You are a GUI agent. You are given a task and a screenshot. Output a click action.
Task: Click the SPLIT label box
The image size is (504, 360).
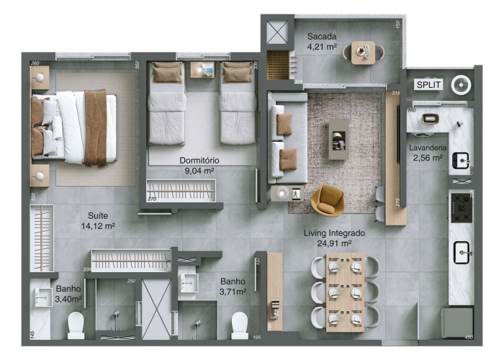pos(428,84)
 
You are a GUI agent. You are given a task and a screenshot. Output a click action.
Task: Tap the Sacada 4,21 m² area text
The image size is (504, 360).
pos(323,42)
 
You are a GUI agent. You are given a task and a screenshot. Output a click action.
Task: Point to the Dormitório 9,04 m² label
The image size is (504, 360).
pos(199,165)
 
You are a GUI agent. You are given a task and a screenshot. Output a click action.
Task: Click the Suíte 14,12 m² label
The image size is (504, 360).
pos(98,220)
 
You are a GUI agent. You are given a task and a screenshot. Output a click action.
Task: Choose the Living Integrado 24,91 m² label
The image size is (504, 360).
pos(334,238)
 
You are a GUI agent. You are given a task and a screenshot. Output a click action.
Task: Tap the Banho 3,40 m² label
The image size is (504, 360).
pos(68,294)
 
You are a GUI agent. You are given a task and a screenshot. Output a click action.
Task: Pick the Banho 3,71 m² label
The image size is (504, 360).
pos(233,287)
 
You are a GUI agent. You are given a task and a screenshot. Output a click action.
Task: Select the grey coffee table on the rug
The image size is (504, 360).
pos(338,138)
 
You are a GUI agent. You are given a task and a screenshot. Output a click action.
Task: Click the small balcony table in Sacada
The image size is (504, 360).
pos(363,52)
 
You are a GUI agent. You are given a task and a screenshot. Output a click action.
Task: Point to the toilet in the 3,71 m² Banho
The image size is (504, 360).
pos(240,325)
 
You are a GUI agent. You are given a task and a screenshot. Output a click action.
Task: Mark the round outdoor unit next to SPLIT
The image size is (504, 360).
pos(461,84)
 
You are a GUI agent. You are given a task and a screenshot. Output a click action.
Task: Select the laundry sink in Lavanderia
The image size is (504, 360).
pos(460,161)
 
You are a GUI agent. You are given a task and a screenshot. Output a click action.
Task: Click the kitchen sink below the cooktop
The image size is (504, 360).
pos(461,251)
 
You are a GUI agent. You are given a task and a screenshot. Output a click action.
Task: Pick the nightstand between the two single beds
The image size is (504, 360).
pos(202,70)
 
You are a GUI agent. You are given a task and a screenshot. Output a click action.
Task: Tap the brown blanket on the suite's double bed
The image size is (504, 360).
pos(95,127)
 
